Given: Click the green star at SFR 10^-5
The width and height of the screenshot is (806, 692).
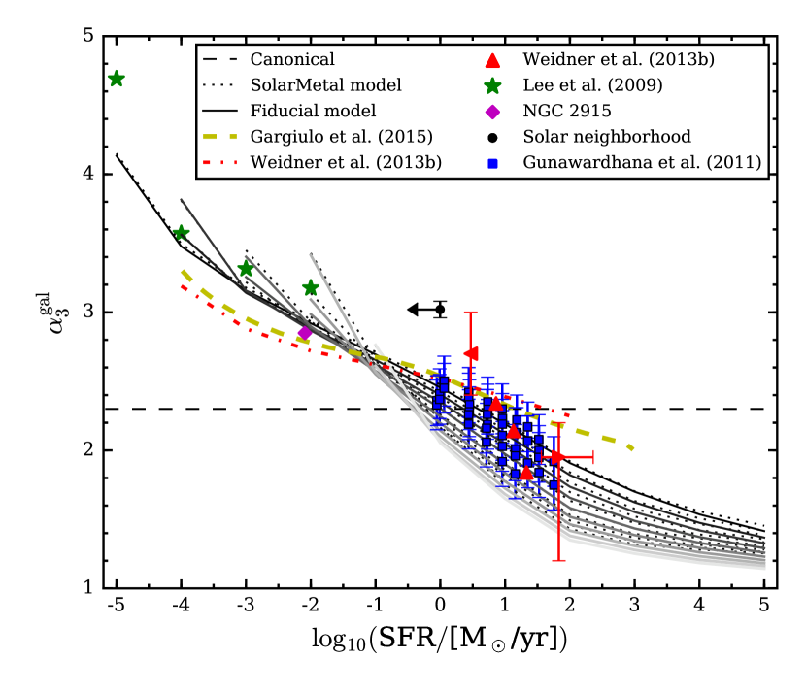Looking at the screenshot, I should pyautogui.click(x=117, y=79).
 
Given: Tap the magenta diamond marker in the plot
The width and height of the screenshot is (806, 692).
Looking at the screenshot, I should pyautogui.click(x=305, y=332).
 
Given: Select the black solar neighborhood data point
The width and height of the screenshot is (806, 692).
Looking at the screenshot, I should pyautogui.click(x=440, y=310).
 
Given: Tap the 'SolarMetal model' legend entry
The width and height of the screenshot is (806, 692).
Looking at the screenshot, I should pyautogui.click(x=319, y=85).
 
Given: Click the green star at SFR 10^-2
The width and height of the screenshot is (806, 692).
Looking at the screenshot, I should pyautogui.click(x=311, y=288).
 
